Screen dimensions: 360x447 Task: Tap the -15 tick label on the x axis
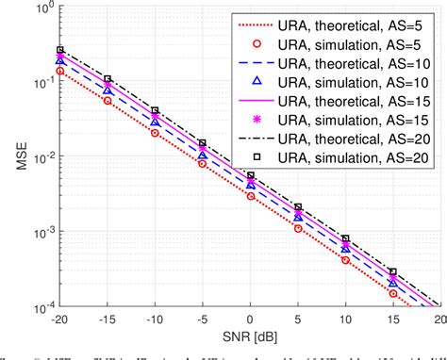coord(108,319)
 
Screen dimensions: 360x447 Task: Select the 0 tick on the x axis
coord(250,319)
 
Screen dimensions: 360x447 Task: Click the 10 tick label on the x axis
coord(345,319)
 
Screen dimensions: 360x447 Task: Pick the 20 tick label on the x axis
coord(438,319)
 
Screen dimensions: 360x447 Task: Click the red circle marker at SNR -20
coord(60,71)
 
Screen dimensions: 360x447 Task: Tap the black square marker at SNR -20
coord(60,50)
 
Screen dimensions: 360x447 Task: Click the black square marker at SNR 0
coord(250,175)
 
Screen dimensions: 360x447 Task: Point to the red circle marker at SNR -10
coord(155,133)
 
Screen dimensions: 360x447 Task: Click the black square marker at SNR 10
coord(345,239)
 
